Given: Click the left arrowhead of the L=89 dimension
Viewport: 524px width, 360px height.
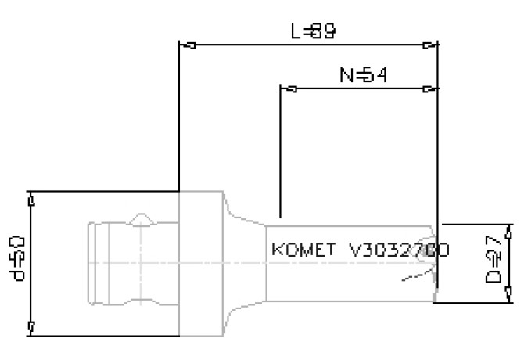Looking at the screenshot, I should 186,45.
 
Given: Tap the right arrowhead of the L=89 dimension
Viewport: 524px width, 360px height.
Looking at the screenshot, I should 429,45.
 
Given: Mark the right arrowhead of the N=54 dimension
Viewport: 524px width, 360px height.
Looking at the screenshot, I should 429,88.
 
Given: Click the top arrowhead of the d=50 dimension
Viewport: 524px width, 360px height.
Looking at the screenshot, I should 31,199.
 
